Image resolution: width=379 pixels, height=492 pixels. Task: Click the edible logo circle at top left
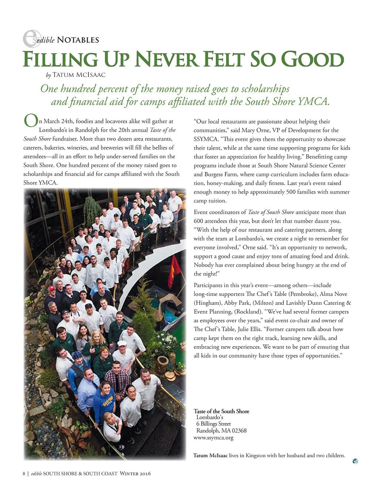click(x=32, y=38)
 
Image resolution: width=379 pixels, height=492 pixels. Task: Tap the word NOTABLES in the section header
click(x=78, y=40)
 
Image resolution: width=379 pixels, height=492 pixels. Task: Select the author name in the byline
click(x=79, y=75)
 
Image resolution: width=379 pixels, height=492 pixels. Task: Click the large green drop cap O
click(x=31, y=121)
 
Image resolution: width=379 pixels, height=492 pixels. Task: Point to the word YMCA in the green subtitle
click(x=313, y=101)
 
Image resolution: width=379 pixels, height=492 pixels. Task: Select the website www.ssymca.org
click(x=214, y=438)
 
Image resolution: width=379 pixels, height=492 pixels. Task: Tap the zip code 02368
click(x=239, y=431)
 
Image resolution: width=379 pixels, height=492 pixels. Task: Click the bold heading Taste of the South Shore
click(x=221, y=411)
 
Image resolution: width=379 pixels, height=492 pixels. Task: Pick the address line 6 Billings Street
click(x=214, y=424)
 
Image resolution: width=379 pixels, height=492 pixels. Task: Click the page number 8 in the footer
click(x=24, y=474)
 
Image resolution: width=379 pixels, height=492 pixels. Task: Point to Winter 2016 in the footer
click(x=135, y=474)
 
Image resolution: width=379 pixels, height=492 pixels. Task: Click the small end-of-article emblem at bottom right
click(x=355, y=461)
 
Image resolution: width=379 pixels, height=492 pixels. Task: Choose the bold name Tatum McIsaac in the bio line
click(x=210, y=455)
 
